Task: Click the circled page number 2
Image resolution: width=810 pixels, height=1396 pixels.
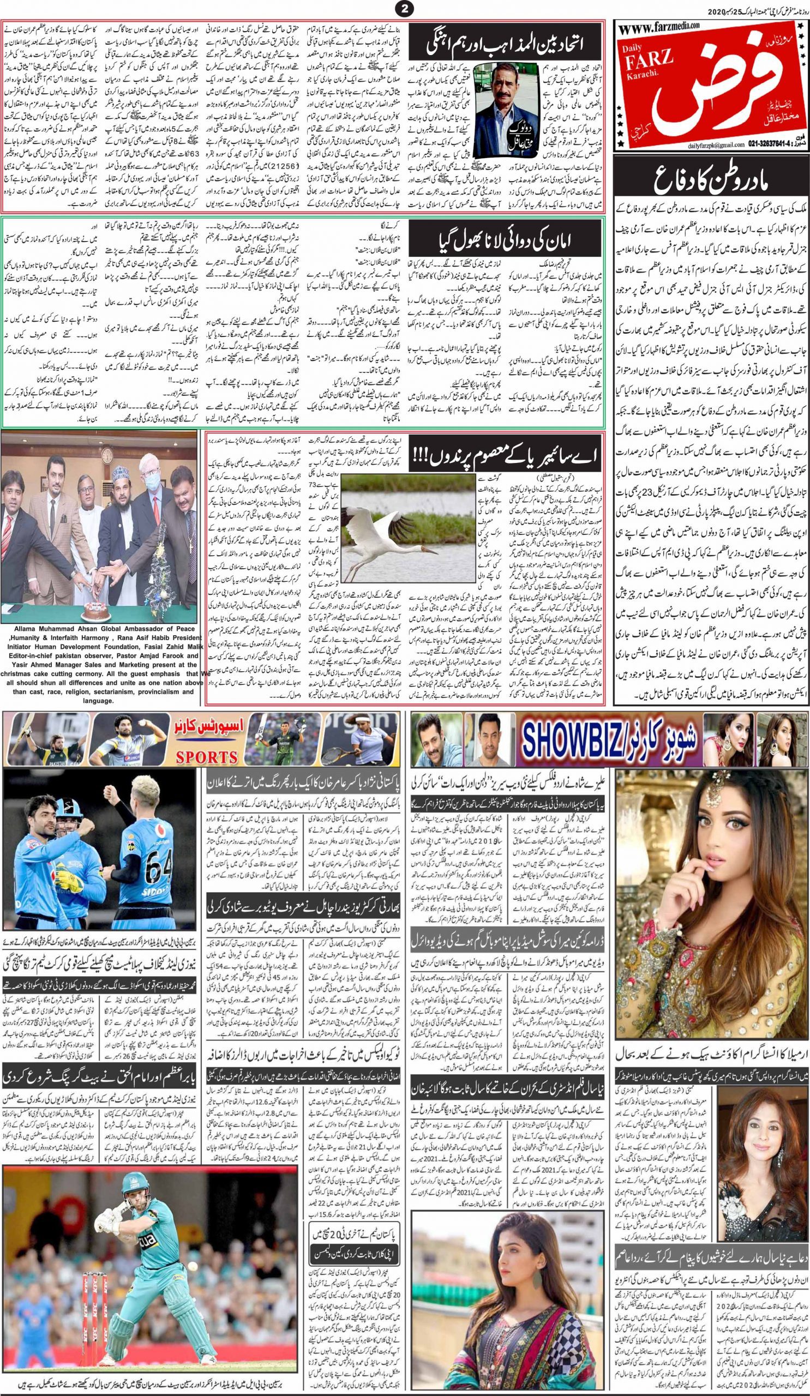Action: click(405, 8)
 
